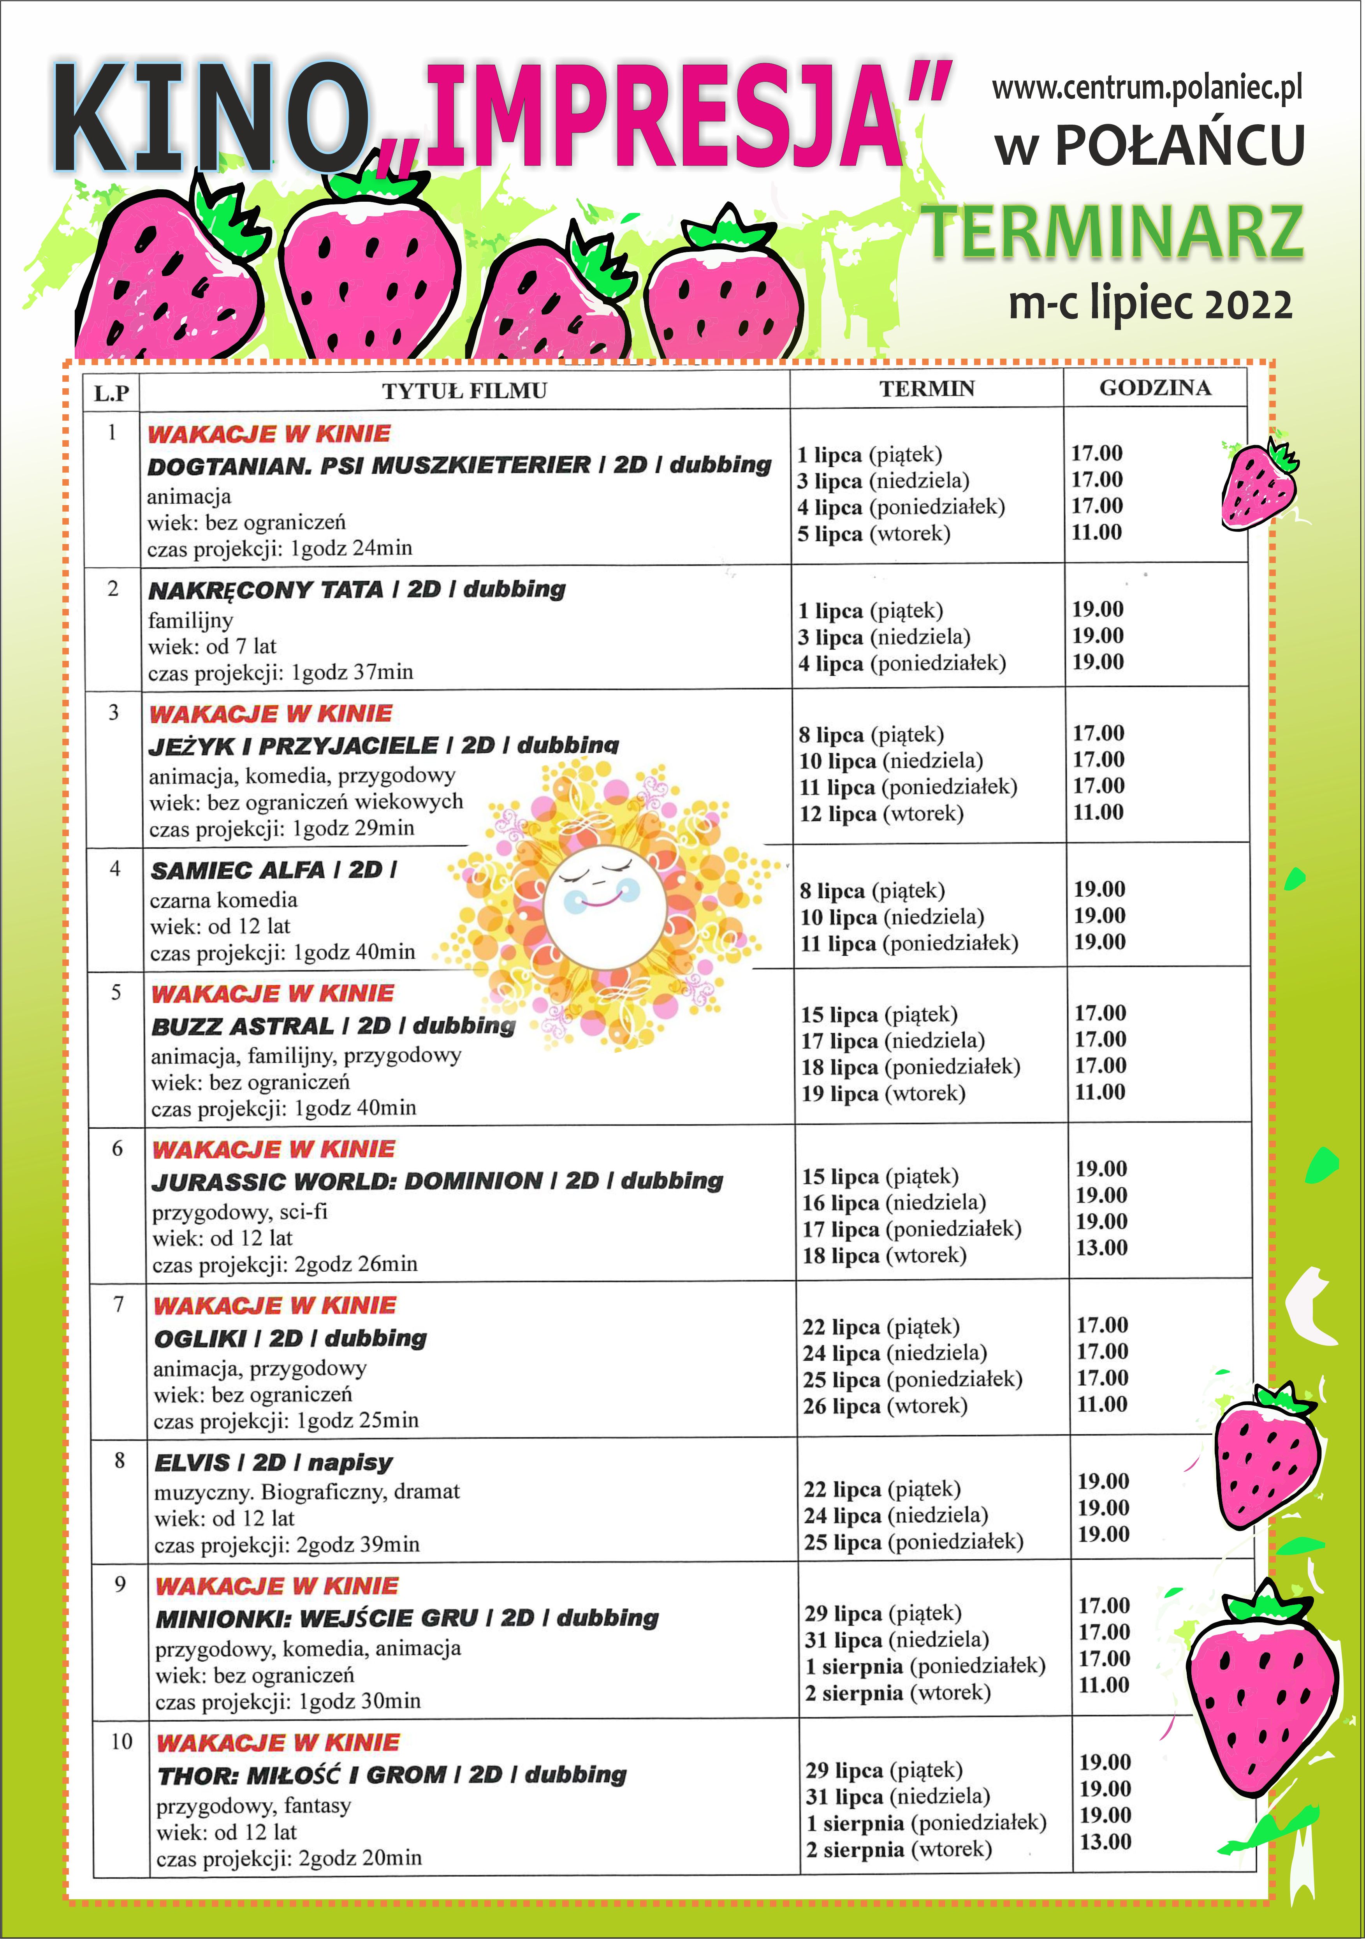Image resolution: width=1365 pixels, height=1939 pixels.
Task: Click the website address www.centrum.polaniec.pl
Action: click(x=1146, y=88)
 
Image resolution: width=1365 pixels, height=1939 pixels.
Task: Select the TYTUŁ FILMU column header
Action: click(x=464, y=391)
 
